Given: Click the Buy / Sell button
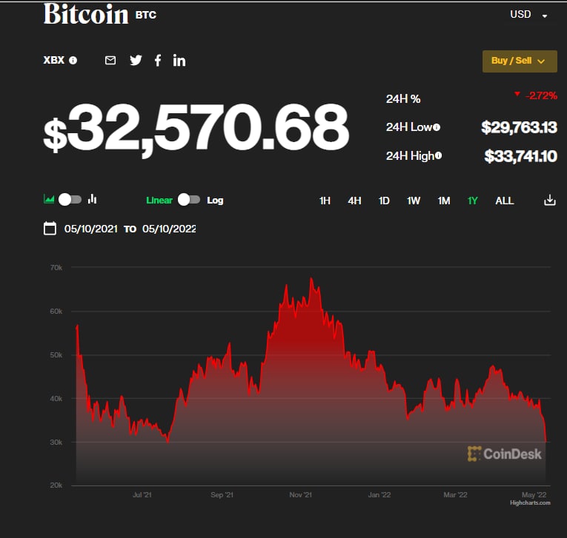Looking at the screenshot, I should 519,61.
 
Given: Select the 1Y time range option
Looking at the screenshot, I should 473,201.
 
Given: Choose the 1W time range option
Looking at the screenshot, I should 414,201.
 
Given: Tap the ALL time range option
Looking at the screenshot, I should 504,201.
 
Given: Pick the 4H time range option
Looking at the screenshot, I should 354,201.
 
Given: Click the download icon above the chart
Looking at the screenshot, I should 549,200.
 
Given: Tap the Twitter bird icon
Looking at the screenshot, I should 136,61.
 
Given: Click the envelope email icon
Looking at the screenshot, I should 110,61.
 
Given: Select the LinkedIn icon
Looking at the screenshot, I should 179,61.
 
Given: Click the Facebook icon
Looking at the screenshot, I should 158,61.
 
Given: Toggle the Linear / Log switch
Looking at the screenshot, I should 188,200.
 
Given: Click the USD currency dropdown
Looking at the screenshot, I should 528,15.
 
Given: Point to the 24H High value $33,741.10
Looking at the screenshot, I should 520,156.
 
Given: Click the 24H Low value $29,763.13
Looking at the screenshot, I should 519,127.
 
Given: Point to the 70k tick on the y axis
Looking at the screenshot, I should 56,267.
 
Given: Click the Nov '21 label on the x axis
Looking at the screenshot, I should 299,494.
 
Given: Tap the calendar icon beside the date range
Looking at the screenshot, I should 50,229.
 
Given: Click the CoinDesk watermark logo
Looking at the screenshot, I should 505,454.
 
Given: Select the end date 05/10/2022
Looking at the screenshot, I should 169,229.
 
